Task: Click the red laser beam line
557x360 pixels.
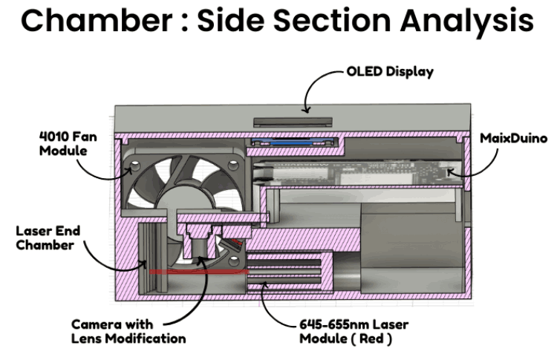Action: (193, 272)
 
